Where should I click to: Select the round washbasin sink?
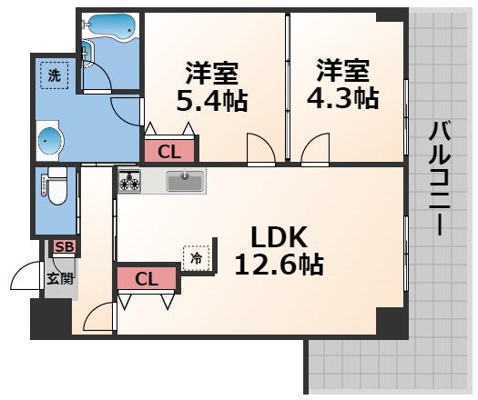[x=53, y=139]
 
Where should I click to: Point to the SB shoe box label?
[x=64, y=246]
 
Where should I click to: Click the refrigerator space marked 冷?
[x=196, y=257]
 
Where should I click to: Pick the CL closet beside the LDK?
[x=147, y=278]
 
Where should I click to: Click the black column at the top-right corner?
[x=392, y=15]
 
